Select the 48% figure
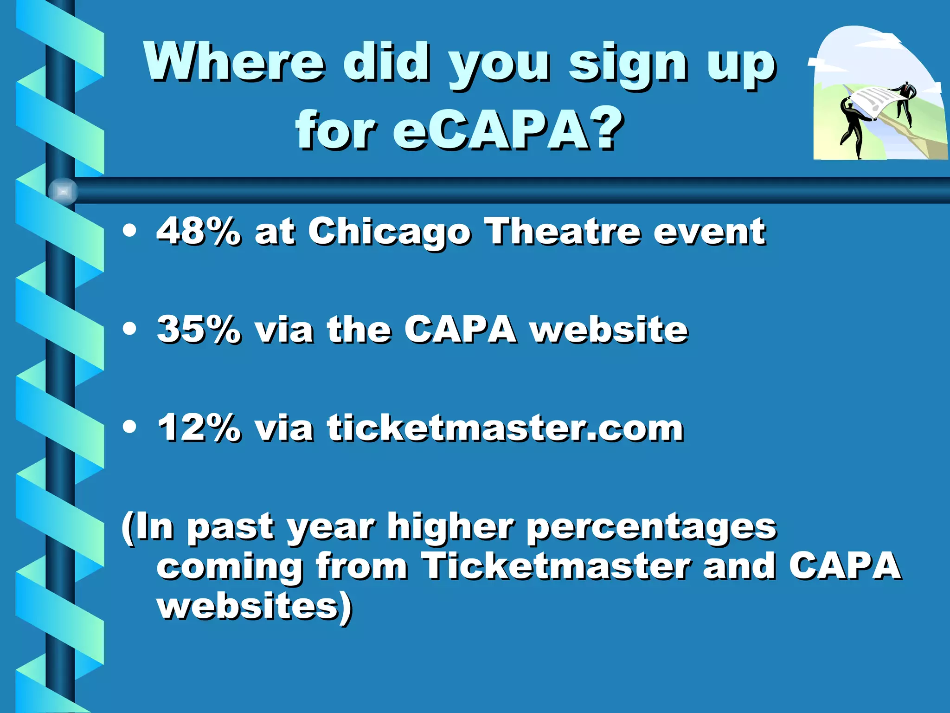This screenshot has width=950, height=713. tap(199, 231)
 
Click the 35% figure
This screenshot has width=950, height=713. tap(199, 330)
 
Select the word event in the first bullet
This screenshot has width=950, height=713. tap(709, 231)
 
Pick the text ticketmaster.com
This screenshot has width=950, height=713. tap(505, 428)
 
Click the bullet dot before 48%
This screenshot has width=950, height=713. tap(130, 231)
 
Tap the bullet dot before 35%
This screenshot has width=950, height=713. tap(130, 329)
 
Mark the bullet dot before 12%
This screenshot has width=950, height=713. tap(130, 427)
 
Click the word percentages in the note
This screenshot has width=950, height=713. tap(651, 528)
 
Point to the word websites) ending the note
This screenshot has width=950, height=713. tap(255, 606)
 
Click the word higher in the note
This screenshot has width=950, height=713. tap(450, 527)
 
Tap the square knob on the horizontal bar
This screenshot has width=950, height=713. tap(63, 191)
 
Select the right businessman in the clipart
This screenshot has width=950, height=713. tap(905, 102)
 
